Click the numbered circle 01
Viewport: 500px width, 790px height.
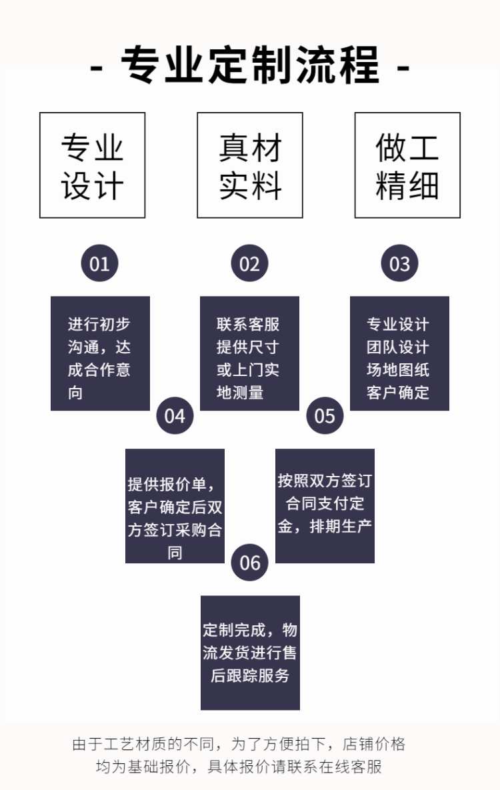pos(99,263)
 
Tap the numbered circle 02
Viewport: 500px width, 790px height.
pos(249,263)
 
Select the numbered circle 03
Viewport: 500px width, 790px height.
pos(399,263)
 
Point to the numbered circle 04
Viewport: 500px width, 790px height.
pos(175,415)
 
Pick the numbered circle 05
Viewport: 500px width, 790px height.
pos(325,415)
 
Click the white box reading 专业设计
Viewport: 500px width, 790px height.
pos(92,165)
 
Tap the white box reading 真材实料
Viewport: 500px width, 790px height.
pos(249,165)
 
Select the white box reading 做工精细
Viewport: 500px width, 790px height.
pos(407,165)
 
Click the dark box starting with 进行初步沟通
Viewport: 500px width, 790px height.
pos(100,353)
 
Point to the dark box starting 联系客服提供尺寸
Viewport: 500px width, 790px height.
pos(249,353)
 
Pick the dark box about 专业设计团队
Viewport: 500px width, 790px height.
pos(399,353)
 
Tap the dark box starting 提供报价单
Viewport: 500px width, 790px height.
pos(175,506)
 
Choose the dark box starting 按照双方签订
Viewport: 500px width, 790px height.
pos(325,506)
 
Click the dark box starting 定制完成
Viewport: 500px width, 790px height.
pos(250,653)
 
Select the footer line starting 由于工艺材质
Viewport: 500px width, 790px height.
pos(239,744)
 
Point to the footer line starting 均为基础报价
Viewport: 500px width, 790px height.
pos(239,767)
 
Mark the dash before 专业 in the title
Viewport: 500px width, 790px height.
pos(96,67)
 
